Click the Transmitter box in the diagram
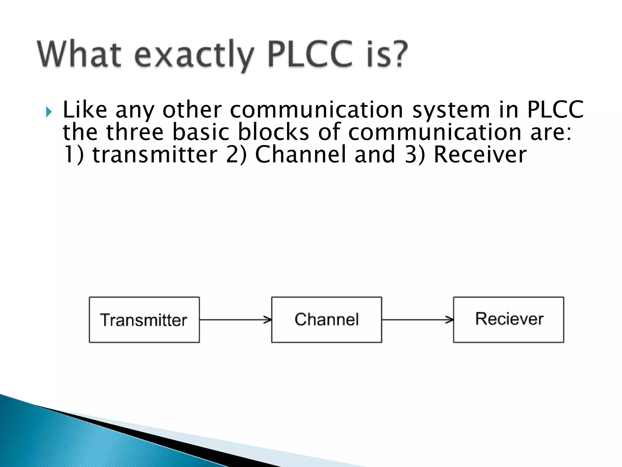(x=144, y=320)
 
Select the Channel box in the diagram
(x=326, y=320)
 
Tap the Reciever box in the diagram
(x=508, y=320)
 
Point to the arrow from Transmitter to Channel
(x=235, y=320)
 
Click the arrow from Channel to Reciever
(x=417, y=320)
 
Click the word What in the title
(x=80, y=55)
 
